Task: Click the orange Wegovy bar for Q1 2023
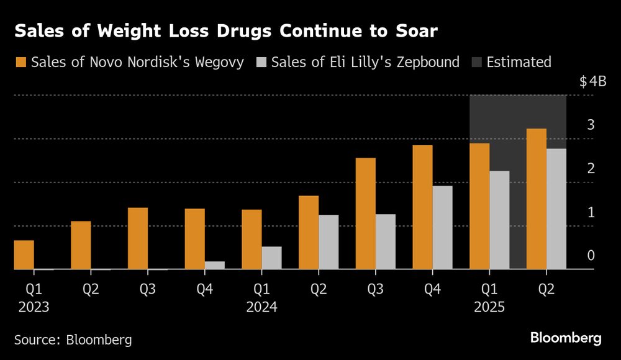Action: (24, 254)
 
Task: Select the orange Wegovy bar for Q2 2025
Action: (536, 199)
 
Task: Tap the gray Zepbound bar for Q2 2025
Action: (556, 209)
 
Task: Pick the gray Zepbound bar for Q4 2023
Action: (215, 265)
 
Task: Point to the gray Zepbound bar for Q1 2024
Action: (271, 258)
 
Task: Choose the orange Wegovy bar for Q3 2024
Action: (365, 214)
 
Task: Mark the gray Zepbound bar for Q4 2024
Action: (442, 227)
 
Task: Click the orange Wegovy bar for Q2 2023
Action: (81, 245)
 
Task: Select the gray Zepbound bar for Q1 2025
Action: (499, 220)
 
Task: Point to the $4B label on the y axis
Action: (592, 82)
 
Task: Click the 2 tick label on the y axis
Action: (591, 168)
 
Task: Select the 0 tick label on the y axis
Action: (591, 255)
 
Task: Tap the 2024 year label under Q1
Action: (261, 307)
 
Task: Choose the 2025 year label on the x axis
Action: (489, 307)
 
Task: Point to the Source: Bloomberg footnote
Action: (73, 340)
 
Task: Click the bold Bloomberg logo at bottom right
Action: (566, 338)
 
